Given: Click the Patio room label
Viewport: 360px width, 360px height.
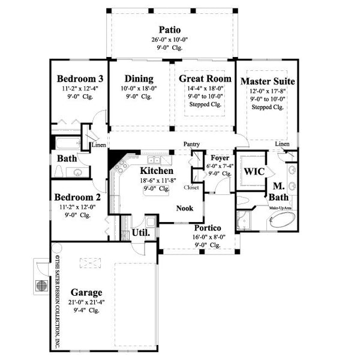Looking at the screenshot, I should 170,29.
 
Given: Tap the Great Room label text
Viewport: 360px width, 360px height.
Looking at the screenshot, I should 201,79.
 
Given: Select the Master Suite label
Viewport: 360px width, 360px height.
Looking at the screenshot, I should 266,80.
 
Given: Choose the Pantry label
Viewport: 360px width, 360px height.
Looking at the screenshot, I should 191,145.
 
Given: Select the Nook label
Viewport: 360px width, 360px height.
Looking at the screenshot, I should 184,208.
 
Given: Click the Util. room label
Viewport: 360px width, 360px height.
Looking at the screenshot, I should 140,231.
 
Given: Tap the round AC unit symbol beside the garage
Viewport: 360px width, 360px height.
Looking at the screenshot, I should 42,285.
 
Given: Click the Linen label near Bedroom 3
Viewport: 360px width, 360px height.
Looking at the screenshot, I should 98,145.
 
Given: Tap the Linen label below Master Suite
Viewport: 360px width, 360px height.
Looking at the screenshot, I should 282,145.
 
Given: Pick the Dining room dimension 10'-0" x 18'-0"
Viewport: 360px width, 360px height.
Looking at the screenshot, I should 139,89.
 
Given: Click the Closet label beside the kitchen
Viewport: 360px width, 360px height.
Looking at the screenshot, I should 191,187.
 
